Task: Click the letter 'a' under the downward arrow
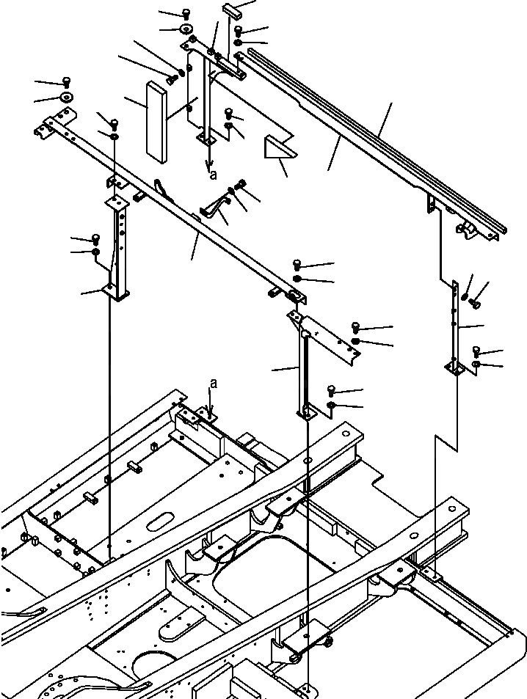[x=214, y=175]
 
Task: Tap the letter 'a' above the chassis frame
[x=213, y=383]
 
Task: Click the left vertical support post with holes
[x=120, y=242]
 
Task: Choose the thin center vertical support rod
[x=303, y=374]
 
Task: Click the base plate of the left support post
[x=117, y=293]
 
